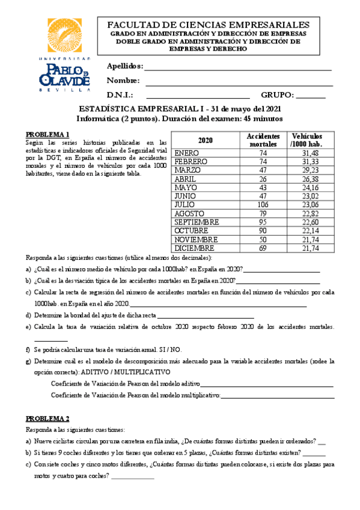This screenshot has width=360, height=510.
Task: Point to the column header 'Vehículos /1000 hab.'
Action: [x=305, y=141]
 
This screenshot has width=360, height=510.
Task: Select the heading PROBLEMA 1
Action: [x=47, y=134]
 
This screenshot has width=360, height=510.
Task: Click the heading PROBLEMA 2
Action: [x=47, y=418]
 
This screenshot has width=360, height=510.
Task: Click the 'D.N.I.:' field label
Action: [x=120, y=95]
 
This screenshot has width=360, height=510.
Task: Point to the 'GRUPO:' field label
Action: [x=277, y=95]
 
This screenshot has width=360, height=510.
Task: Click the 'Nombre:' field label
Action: [x=123, y=81]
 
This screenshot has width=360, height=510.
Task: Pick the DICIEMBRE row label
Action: [x=194, y=248]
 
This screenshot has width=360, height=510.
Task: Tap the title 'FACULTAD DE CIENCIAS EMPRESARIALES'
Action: [x=208, y=25]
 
